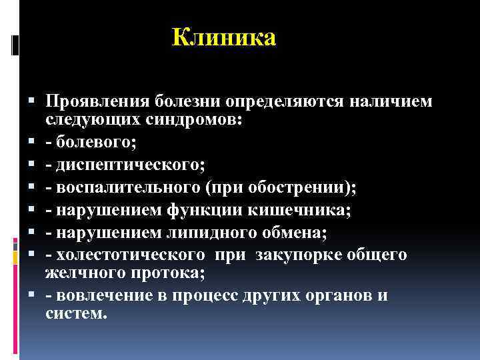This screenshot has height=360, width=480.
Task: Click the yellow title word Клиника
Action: [223, 37]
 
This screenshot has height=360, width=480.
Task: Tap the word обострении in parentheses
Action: [305, 188]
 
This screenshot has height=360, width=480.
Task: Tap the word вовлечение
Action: [101, 296]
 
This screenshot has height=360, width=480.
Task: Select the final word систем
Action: [75, 313]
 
